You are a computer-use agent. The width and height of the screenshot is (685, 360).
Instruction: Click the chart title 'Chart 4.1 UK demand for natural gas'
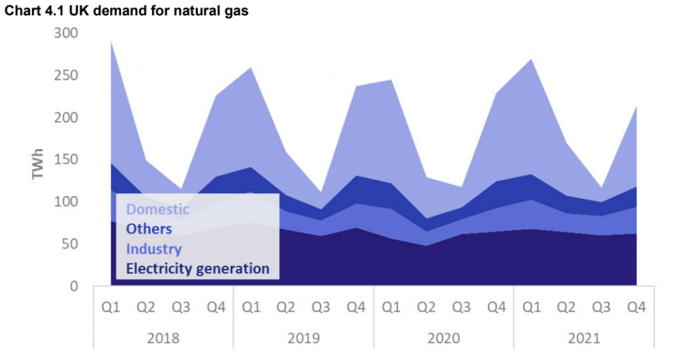click(x=127, y=11)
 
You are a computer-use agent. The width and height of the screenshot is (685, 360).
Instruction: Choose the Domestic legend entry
click(x=157, y=209)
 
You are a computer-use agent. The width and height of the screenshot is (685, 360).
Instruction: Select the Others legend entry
click(x=149, y=229)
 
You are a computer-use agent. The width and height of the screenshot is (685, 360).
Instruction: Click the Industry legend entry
click(x=154, y=249)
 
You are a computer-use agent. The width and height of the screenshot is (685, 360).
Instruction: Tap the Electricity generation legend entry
click(x=197, y=269)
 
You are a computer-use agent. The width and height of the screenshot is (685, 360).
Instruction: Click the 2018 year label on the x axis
click(x=163, y=338)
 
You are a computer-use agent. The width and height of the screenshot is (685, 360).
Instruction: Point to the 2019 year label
click(x=303, y=338)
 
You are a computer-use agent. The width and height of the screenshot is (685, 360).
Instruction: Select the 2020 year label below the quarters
click(x=444, y=338)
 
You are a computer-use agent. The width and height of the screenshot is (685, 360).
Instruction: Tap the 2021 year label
click(x=583, y=338)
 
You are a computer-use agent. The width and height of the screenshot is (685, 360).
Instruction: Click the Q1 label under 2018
click(x=110, y=308)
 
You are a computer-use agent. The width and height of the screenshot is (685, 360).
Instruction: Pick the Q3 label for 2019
click(x=320, y=308)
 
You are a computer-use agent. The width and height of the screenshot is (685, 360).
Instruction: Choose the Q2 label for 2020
click(x=426, y=308)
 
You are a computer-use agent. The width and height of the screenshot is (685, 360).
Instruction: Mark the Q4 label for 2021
click(x=636, y=308)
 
